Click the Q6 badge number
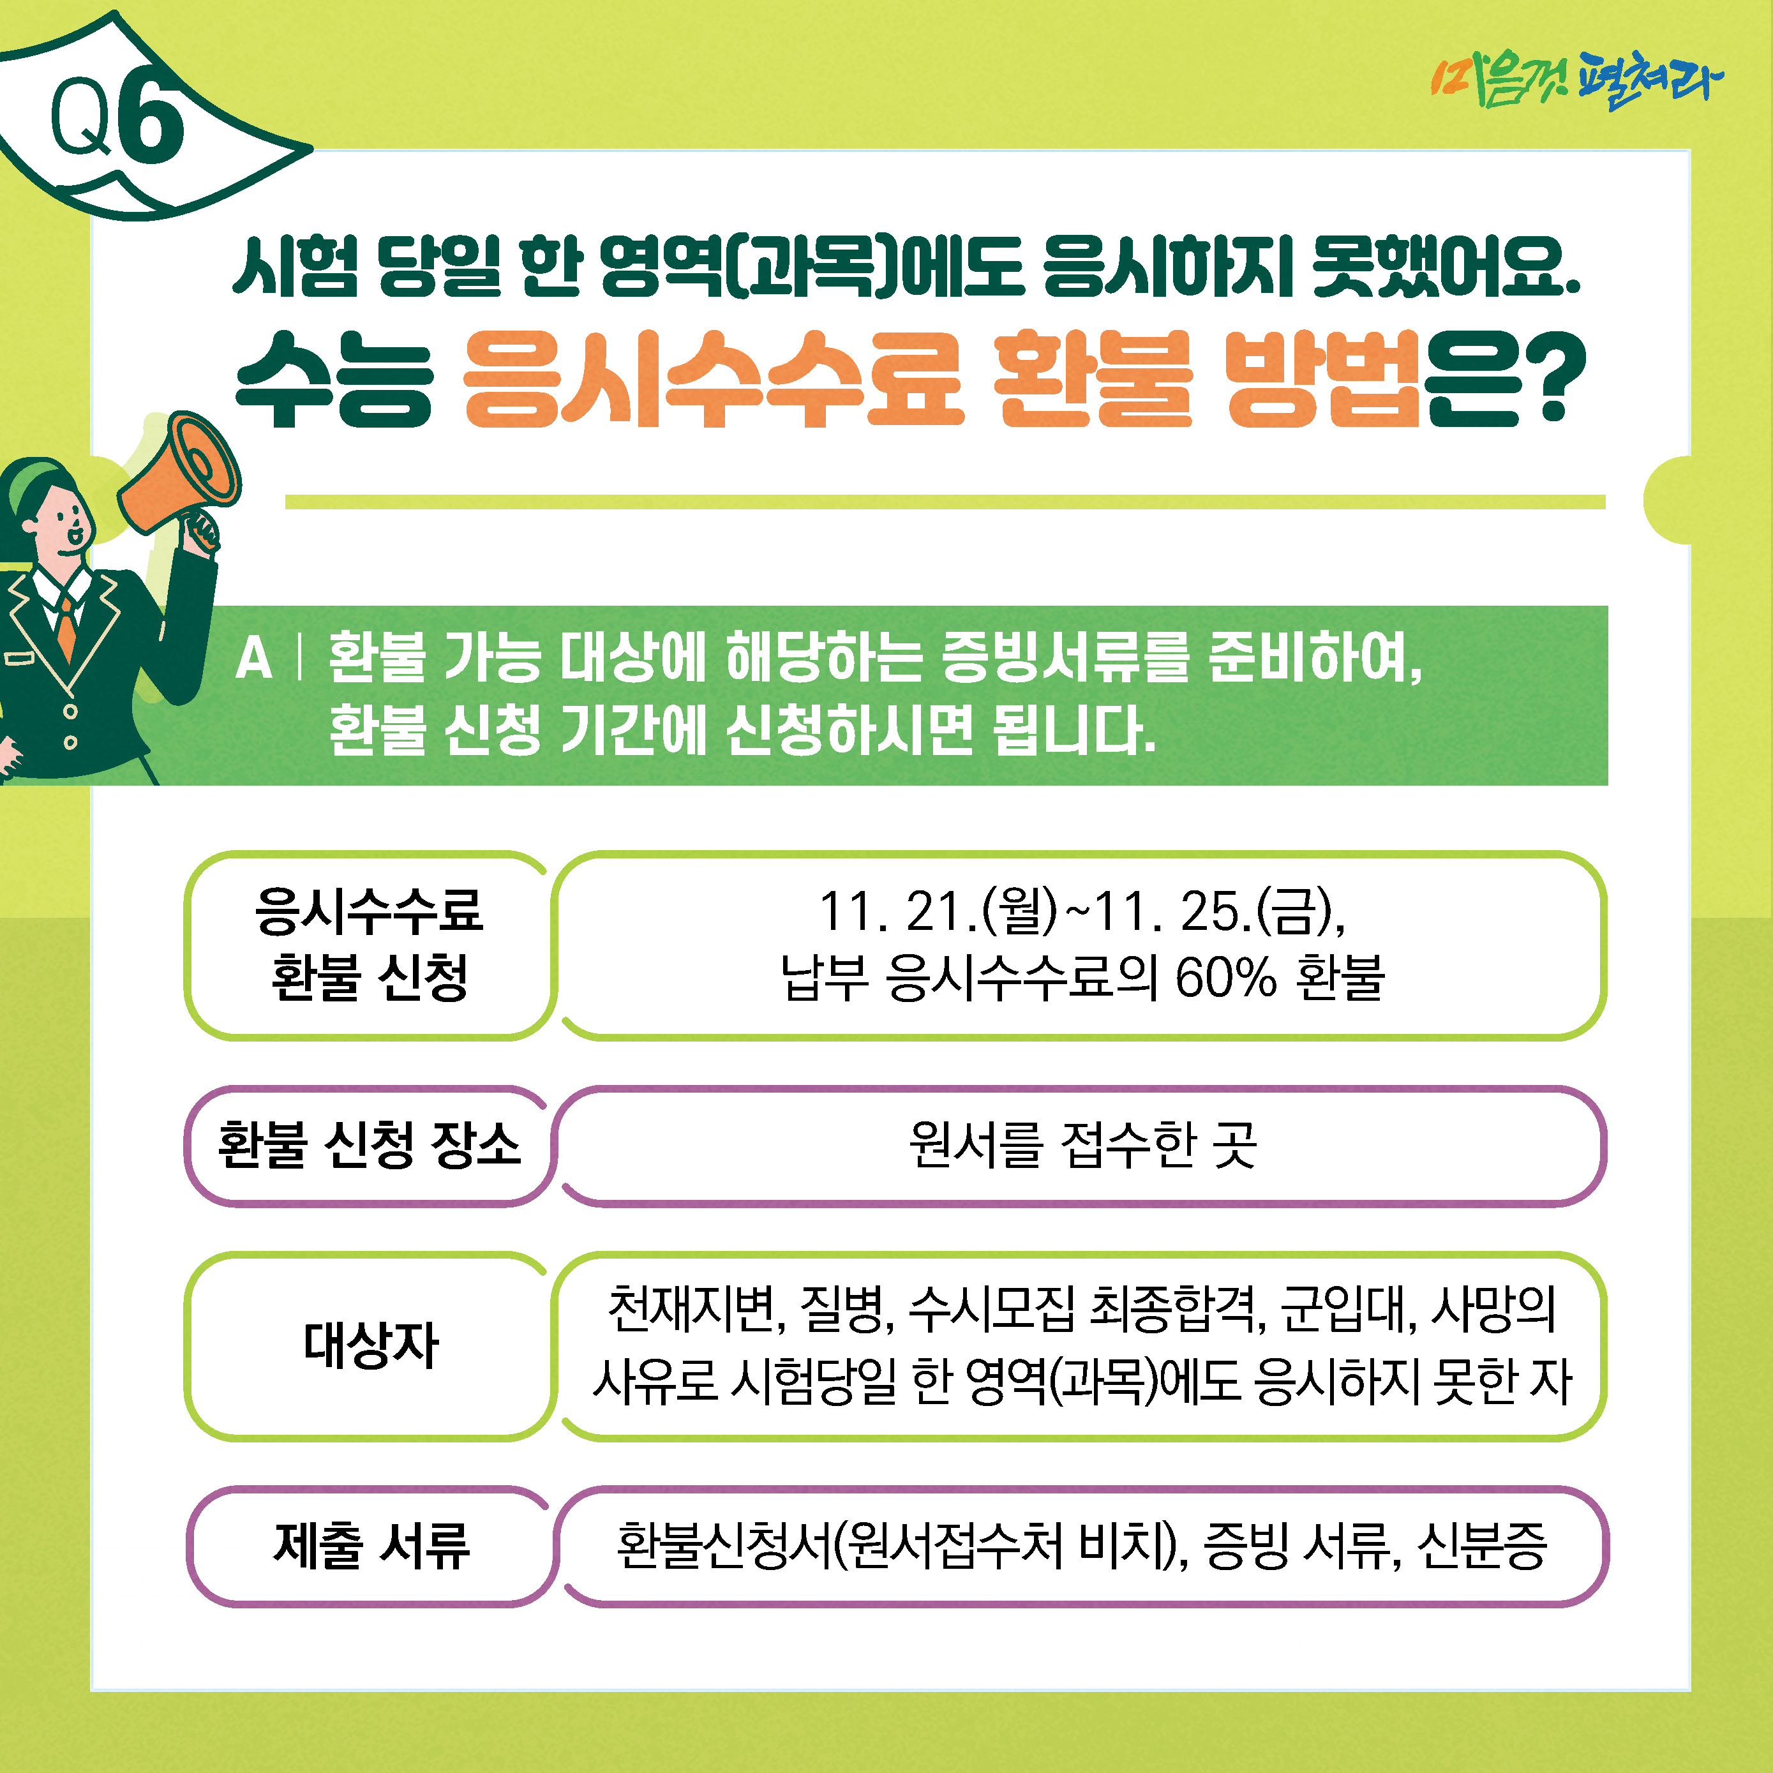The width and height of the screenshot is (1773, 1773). click(x=117, y=119)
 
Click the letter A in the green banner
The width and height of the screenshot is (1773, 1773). click(x=254, y=659)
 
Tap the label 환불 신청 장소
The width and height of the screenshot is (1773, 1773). click(x=369, y=1144)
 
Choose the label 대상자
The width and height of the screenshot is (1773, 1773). click(x=371, y=1345)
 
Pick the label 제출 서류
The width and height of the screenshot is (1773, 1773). click(x=371, y=1545)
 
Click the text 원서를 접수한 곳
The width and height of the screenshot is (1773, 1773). click(x=1082, y=1144)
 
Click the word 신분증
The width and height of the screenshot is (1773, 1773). click(x=1482, y=1545)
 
